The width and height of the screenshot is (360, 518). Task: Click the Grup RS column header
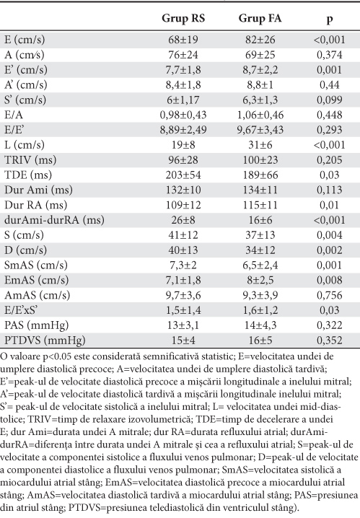point(183,19)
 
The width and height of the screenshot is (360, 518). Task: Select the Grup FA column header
point(260,19)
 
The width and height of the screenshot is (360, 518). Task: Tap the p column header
point(329,19)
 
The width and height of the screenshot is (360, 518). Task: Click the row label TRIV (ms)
point(30,160)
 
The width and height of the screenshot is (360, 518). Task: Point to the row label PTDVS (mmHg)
point(45,341)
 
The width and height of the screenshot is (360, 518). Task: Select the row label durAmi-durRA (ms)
point(55,220)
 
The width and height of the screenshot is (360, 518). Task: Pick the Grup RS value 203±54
point(183,175)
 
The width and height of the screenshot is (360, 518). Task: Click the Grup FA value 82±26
point(260,40)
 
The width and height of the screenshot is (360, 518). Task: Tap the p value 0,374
point(330,55)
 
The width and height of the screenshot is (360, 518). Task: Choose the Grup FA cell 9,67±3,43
point(260,130)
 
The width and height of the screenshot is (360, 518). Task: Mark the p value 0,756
point(330,295)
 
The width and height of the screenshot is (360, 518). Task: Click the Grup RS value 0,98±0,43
point(183,115)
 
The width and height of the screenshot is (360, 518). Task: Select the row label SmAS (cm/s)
point(36,265)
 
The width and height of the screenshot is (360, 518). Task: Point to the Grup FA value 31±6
point(260,145)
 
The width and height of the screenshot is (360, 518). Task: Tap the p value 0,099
point(330,100)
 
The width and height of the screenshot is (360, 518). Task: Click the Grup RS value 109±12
point(183,205)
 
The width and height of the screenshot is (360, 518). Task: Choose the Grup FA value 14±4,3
point(260,325)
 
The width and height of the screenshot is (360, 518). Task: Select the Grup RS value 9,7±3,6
point(183,295)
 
